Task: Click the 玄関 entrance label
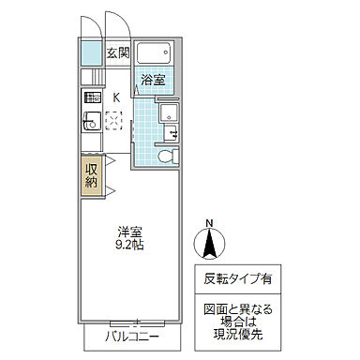point(117,52)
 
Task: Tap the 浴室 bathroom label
point(153,80)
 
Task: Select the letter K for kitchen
point(116,97)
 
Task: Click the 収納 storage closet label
point(91,174)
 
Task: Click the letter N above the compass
point(208,223)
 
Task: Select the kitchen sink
point(91,121)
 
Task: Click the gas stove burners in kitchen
point(91,97)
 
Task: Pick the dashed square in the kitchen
point(115,119)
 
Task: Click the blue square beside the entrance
point(90,52)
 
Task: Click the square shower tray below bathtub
point(169,112)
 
